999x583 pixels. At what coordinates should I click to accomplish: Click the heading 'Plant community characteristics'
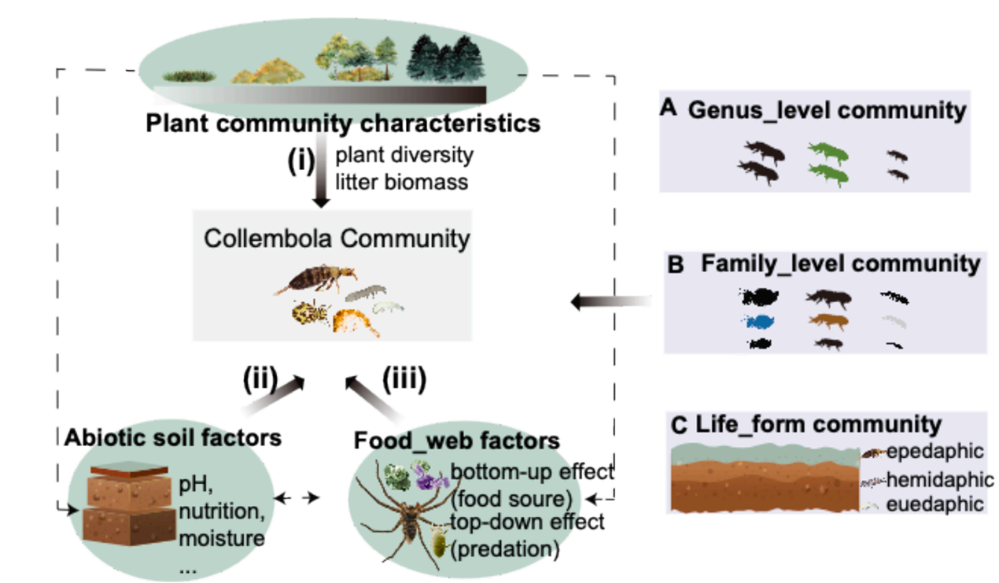343,124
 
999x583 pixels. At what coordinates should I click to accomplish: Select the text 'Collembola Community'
337,238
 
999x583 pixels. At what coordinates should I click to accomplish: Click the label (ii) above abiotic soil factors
260,380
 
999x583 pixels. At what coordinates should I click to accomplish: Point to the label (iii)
404,380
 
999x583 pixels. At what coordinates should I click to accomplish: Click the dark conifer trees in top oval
445,58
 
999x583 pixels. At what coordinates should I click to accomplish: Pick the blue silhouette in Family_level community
760,321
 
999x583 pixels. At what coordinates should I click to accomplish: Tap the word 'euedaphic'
934,504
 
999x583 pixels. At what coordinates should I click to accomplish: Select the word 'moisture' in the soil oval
222,539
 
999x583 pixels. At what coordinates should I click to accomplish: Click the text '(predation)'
504,549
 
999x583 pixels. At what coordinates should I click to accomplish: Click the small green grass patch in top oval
189,76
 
